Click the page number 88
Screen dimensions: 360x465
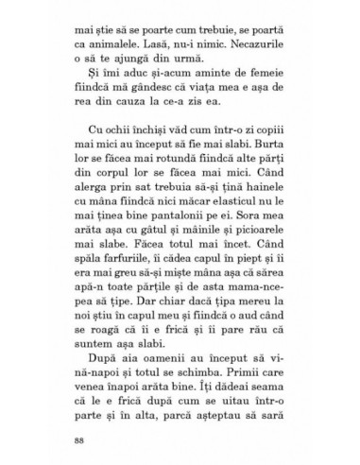(77, 440)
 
